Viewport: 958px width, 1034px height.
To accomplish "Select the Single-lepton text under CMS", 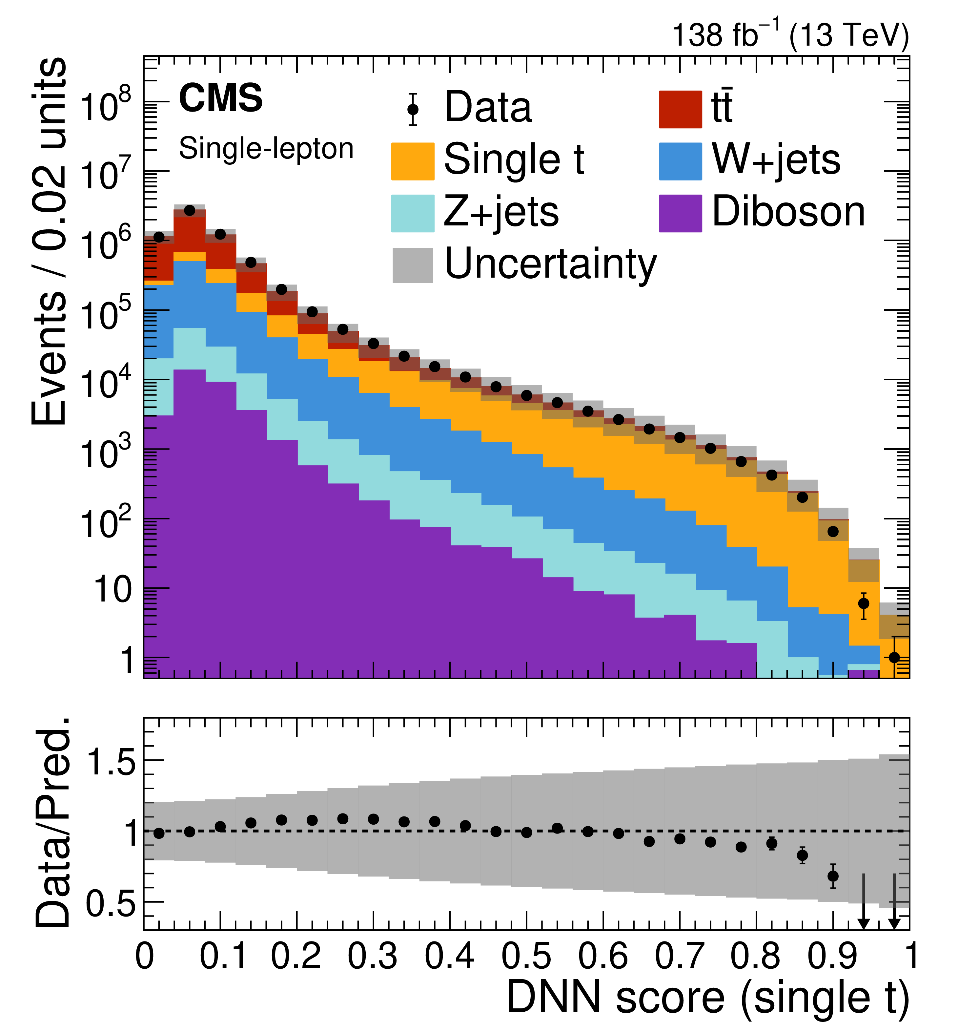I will click(x=266, y=149).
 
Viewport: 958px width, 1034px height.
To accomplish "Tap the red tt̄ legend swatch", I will click(x=680, y=109).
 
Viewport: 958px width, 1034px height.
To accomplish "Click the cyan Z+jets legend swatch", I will click(x=413, y=213).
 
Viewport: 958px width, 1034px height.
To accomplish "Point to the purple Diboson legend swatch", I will click(x=680, y=213).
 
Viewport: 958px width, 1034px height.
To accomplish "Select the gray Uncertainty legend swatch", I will click(x=413, y=265).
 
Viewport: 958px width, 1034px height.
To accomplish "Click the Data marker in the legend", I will click(x=413, y=109).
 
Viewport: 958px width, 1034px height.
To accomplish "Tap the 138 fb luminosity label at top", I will click(x=790, y=35).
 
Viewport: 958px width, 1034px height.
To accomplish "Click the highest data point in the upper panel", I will click(x=190, y=211).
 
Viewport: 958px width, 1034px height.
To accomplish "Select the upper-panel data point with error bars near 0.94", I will click(x=863, y=603).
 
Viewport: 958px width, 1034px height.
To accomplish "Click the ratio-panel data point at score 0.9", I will click(x=833, y=876).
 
